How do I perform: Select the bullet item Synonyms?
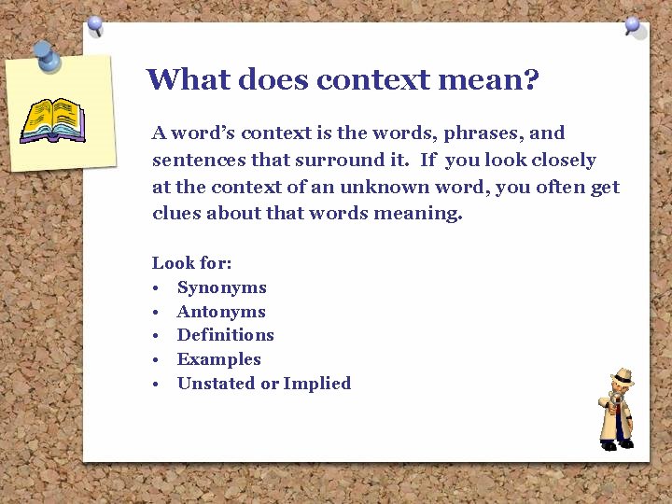pyautogui.click(x=221, y=287)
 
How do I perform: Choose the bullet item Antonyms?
pyautogui.click(x=221, y=312)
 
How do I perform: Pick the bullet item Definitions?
pyautogui.click(x=225, y=335)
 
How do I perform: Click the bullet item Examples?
pyautogui.click(x=218, y=359)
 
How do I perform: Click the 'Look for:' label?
pyautogui.click(x=191, y=263)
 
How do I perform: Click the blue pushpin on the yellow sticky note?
pyautogui.click(x=46, y=55)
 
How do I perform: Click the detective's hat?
pyautogui.click(x=622, y=375)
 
